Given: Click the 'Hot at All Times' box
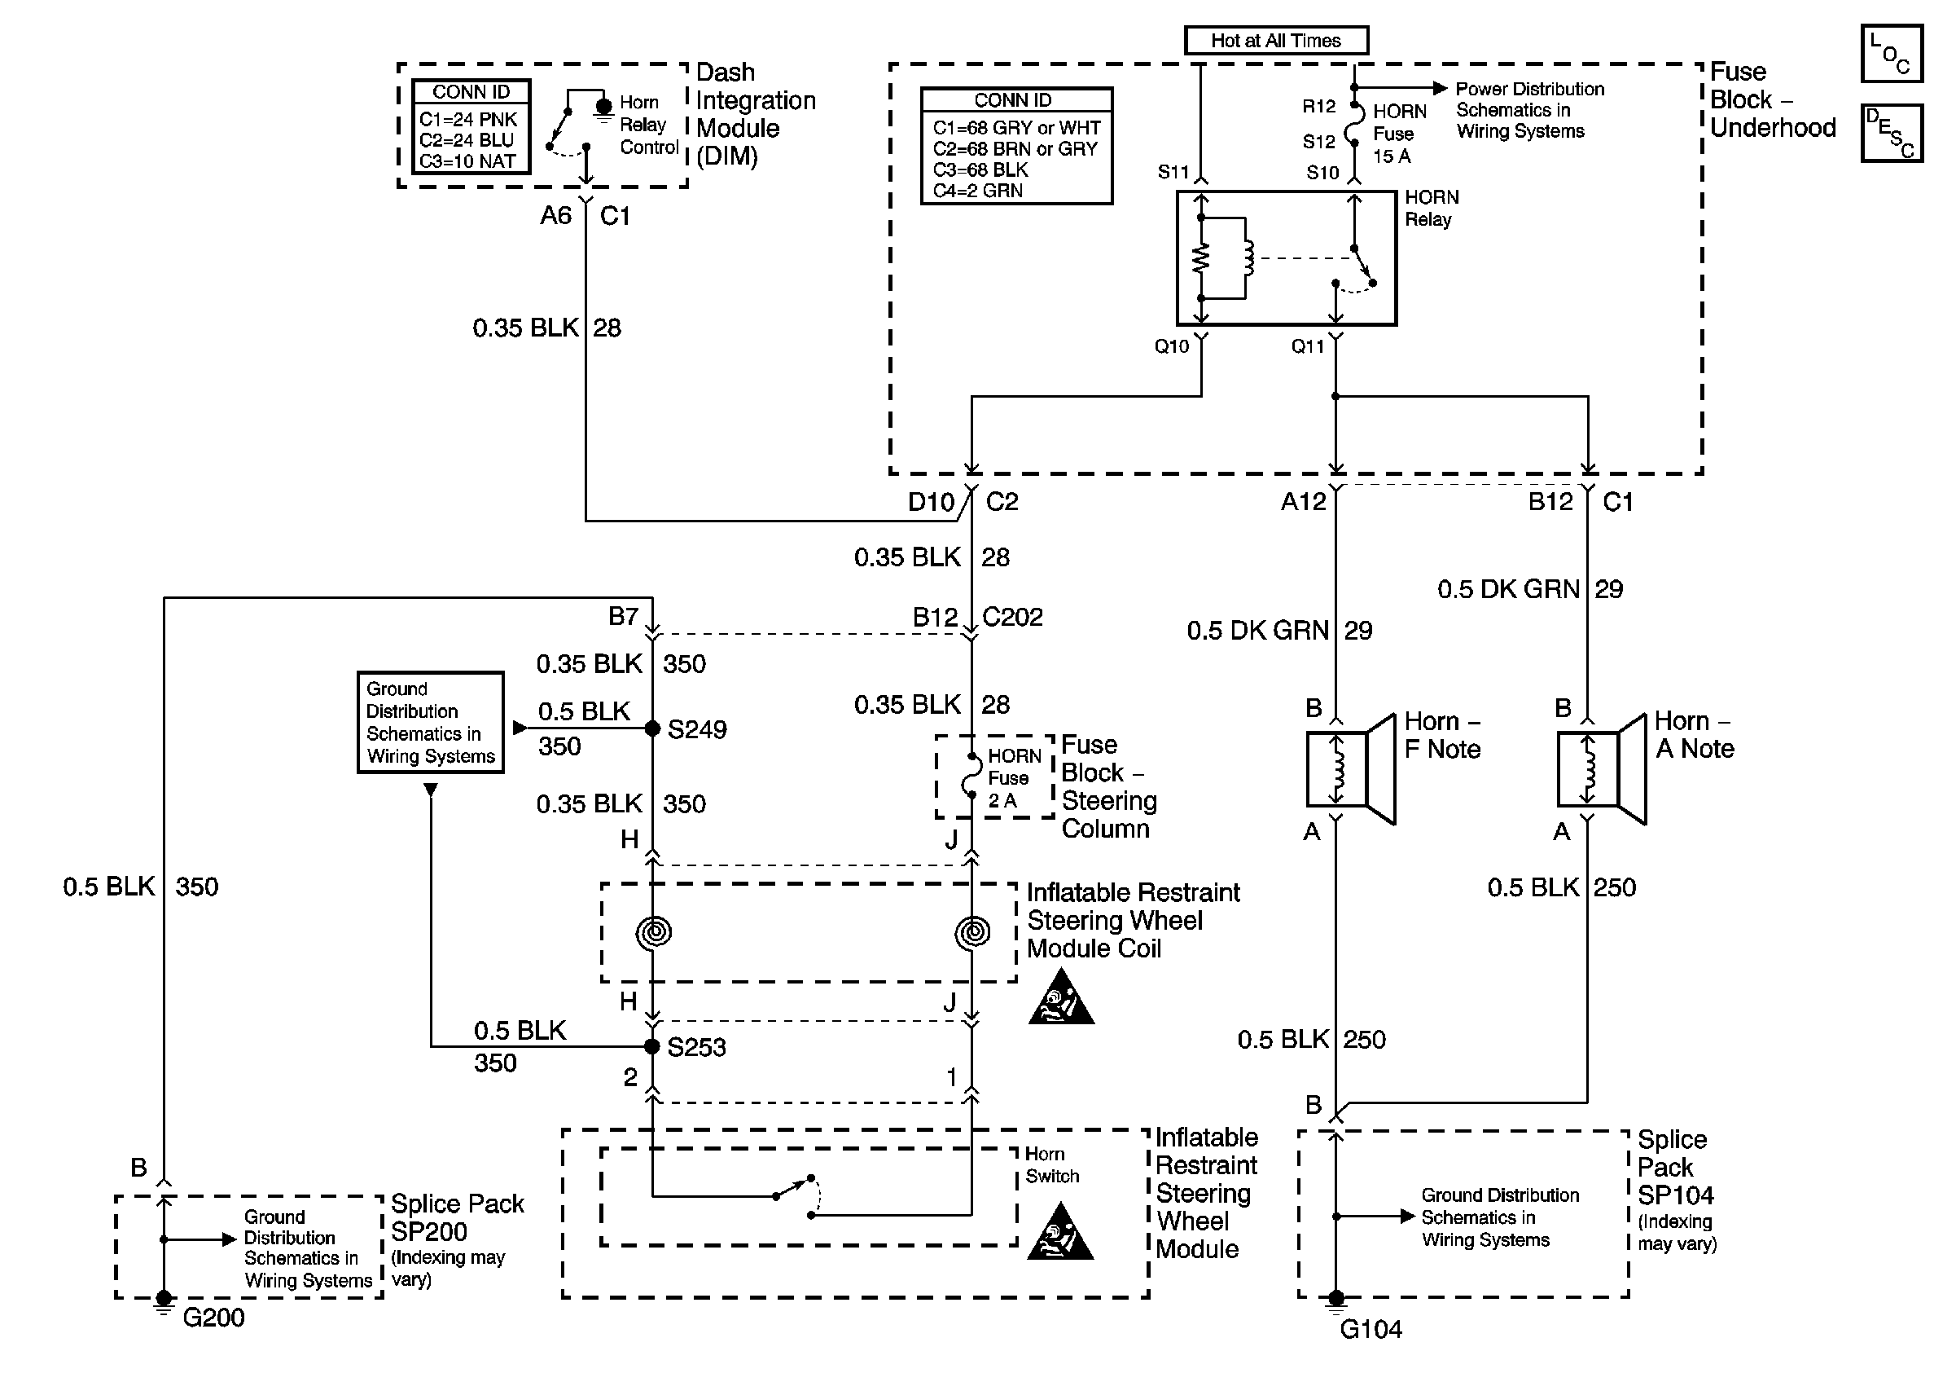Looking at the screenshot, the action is [1276, 40].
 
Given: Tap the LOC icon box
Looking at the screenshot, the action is [1891, 54].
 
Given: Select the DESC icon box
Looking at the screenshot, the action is [1891, 133].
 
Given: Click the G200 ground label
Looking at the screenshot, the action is [214, 1318].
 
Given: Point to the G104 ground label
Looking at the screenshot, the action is [1371, 1329].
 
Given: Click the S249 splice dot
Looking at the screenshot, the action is [652, 728].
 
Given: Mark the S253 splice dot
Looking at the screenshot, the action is [652, 1046].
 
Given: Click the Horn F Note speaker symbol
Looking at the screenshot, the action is [1351, 769].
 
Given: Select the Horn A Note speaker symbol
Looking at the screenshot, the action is [1602, 769].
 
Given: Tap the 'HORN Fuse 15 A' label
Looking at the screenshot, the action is [1399, 134].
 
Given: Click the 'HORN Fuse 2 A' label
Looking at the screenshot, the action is [1014, 778].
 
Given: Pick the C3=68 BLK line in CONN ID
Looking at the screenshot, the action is [980, 169].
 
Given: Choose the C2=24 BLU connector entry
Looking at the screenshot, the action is [467, 140].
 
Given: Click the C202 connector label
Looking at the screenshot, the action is [1013, 616].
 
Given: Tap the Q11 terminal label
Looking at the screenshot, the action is [1308, 346].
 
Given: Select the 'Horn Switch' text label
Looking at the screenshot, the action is [1051, 1165].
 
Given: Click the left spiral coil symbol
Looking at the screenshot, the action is [653, 931].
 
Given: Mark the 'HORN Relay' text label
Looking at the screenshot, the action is [1432, 208].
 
